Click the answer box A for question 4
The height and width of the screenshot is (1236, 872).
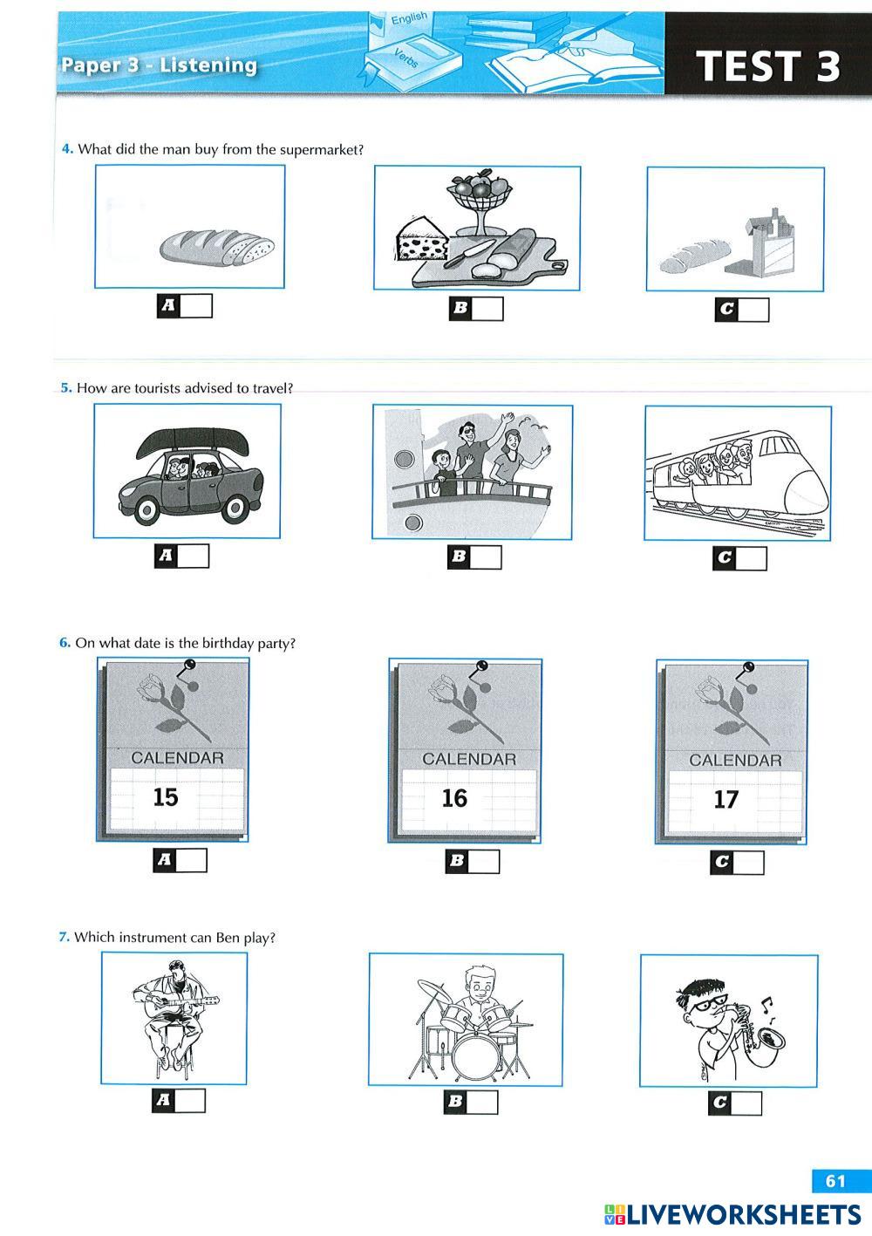(185, 306)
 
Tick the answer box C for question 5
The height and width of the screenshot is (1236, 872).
(739, 558)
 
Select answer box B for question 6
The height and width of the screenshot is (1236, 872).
(473, 861)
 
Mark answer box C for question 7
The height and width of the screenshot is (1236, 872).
(735, 1103)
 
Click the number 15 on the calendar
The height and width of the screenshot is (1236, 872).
(166, 796)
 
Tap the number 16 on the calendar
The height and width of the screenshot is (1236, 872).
(454, 798)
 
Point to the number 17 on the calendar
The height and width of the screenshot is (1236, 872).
(726, 800)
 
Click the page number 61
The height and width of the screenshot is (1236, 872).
(835, 1181)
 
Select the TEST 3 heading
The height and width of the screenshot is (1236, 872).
(767, 65)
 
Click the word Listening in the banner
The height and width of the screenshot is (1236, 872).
(208, 65)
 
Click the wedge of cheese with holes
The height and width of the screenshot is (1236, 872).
(423, 238)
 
